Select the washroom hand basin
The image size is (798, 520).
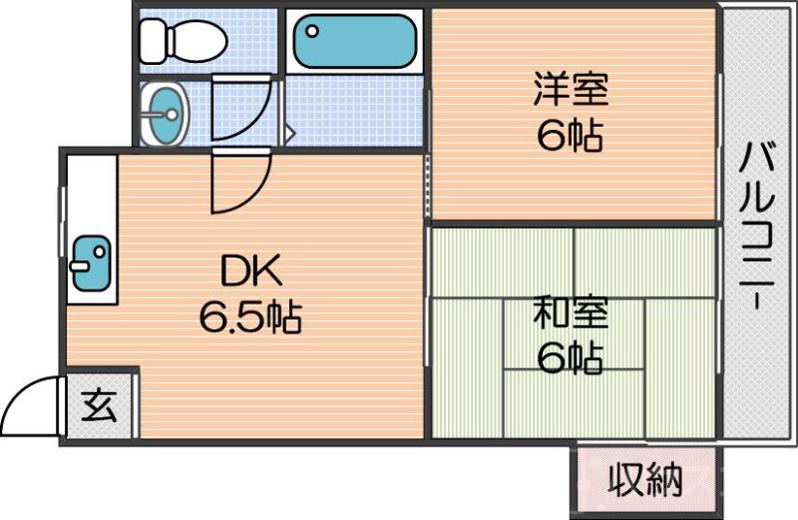[x=164, y=113]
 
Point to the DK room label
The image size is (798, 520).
[x=252, y=270]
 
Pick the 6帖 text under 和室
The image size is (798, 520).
[x=571, y=356]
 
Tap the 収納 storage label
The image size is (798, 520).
[x=645, y=481]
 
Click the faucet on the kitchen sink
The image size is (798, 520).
[x=79, y=266]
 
